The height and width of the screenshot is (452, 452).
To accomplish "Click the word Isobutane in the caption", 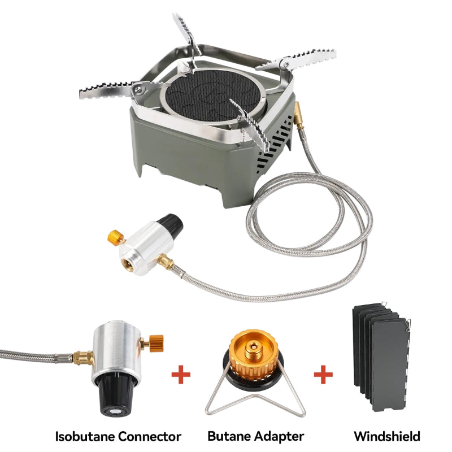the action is pos(84,436).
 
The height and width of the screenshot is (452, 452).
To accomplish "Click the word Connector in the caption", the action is pos(148,436).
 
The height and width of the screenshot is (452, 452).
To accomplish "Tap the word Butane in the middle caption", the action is pos(228,436).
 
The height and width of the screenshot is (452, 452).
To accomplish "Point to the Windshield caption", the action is pos(387,436).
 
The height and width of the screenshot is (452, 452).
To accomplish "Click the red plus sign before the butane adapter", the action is pos(181,375).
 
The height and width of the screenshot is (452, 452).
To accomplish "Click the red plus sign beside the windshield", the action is pos(323,375).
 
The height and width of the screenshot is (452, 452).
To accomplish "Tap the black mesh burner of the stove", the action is pos(214,95).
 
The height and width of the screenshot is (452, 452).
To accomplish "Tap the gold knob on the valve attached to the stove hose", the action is pos(116,237).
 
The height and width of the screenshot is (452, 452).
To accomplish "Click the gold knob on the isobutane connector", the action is pos(156,344).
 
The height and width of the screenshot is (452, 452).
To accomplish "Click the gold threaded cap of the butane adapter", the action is pos(254,354).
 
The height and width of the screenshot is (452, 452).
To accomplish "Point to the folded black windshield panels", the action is pos(381,357).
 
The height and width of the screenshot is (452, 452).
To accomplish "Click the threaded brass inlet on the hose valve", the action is pos(127,265).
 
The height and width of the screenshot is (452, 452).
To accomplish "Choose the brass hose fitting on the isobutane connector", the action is pos(82,358).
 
